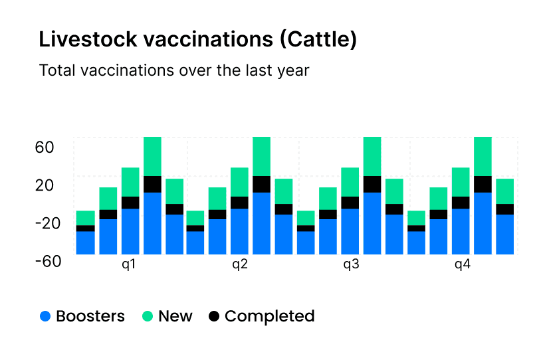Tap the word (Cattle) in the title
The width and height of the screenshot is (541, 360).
pos(318,40)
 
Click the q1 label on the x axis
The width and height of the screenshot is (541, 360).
pos(129,265)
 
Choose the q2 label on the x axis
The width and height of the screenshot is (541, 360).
pos(240,265)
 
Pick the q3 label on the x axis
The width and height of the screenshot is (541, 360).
pos(351,265)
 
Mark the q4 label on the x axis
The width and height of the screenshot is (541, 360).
pos(463,265)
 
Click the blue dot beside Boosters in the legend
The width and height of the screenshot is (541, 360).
pos(45,317)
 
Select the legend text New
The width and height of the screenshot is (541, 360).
pos(175,317)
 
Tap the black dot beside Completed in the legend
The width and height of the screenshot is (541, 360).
pos(213,317)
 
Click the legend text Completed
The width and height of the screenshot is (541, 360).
pos(269,317)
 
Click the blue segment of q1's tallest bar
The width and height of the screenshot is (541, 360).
pos(152,223)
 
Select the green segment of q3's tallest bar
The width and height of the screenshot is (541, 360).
pos(372,156)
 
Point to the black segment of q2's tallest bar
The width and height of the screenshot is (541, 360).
pos(261,184)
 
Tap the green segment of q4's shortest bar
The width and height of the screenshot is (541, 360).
pos(416,218)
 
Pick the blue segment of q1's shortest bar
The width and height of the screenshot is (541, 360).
pos(85,242)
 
